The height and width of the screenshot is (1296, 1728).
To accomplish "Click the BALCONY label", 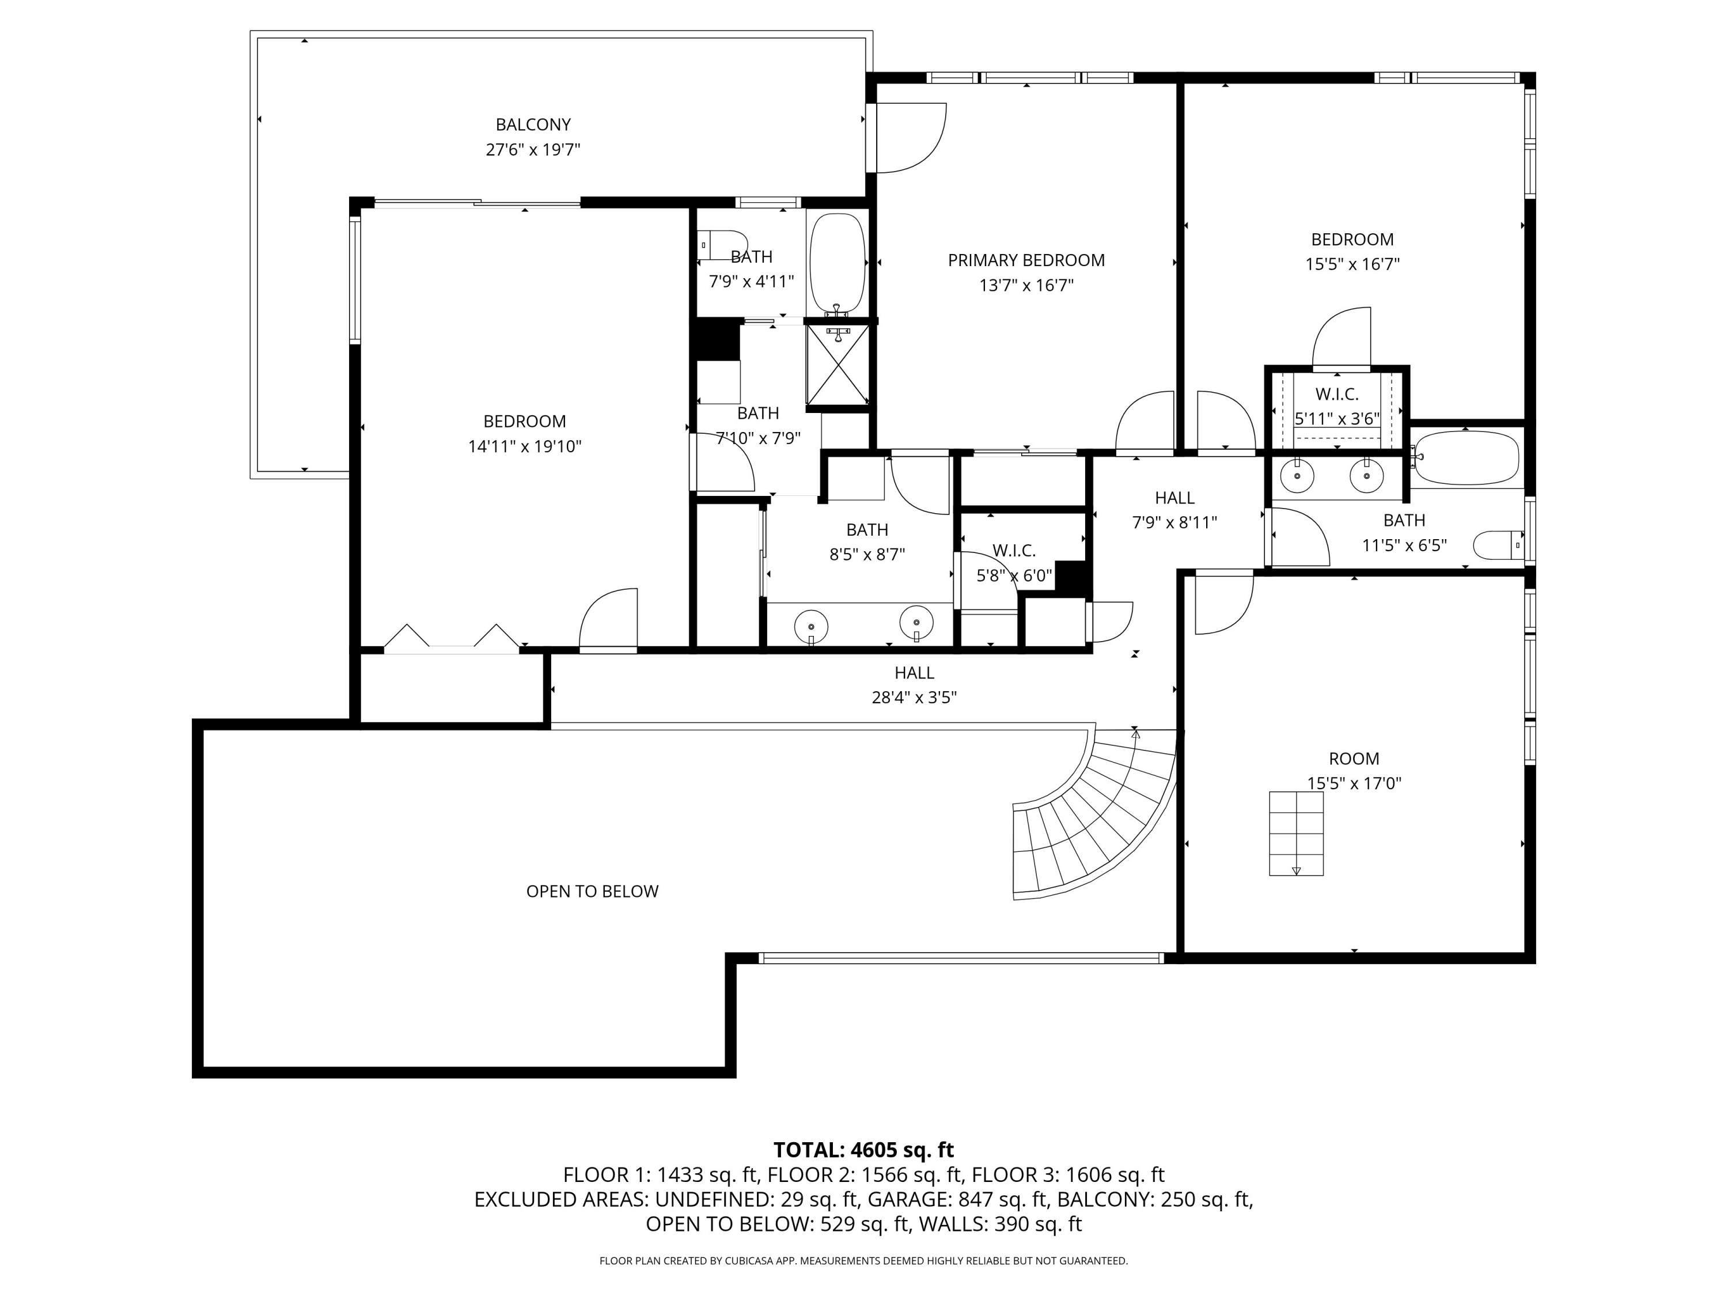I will (533, 125).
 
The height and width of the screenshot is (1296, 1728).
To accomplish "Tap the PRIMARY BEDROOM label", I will (1026, 260).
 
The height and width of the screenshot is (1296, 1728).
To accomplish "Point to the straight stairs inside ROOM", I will (1296, 833).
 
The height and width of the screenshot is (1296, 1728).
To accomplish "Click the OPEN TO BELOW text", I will (592, 891).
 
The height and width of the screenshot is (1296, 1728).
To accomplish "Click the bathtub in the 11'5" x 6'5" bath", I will (1467, 458).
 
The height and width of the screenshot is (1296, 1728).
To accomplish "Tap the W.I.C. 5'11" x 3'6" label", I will (1337, 406).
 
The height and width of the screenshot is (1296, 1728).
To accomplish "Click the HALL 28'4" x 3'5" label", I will (914, 684).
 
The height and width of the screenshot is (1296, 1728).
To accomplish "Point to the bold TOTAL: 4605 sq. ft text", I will (863, 1150).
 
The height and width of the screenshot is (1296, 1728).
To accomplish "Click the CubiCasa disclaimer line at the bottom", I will (863, 1261).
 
